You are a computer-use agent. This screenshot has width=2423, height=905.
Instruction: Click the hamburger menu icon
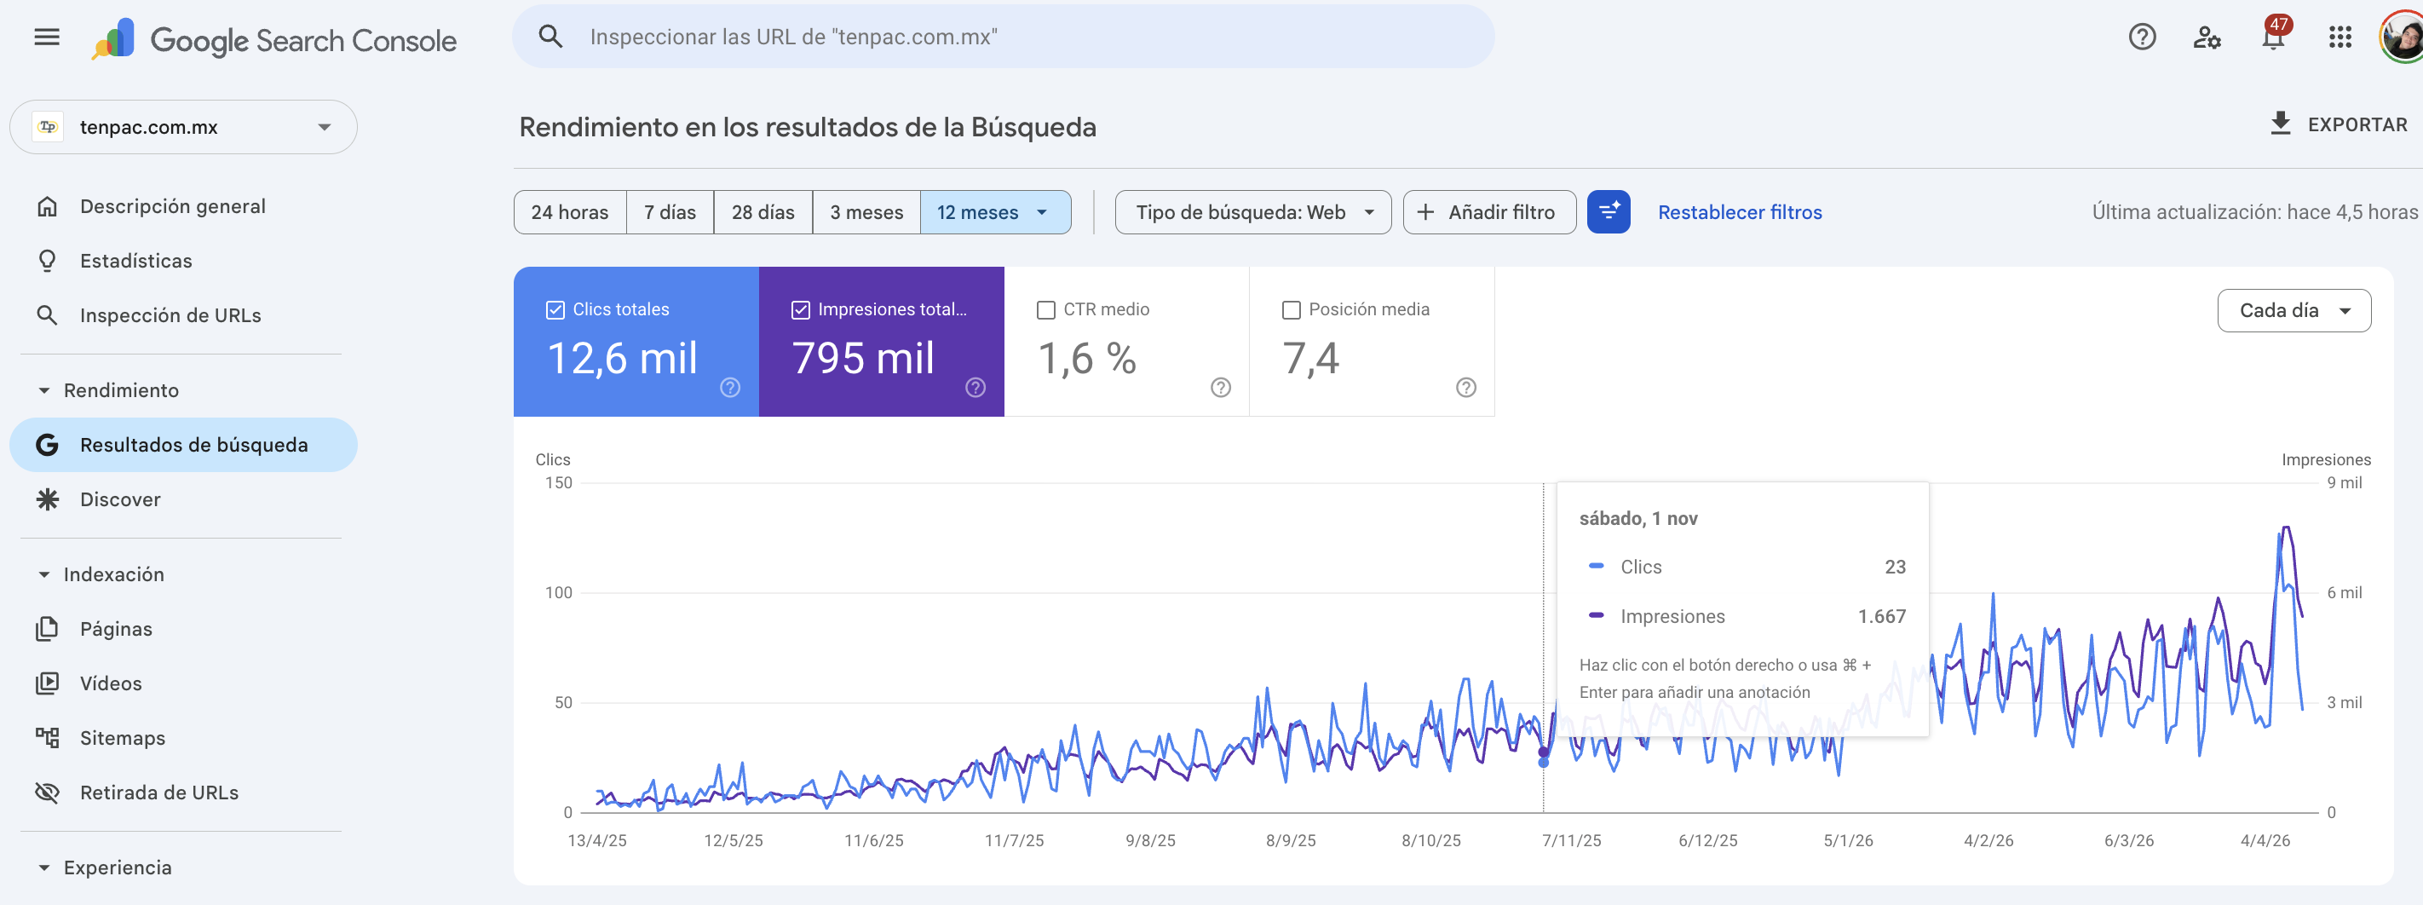click(x=47, y=37)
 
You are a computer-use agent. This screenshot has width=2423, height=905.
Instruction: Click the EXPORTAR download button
click(x=2338, y=124)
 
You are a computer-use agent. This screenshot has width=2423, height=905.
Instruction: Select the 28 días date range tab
click(x=763, y=212)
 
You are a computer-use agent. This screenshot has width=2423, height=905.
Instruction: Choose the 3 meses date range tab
click(x=866, y=212)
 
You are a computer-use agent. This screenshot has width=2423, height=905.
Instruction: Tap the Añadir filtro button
click(x=1489, y=212)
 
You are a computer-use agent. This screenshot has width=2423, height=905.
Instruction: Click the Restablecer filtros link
click(x=1739, y=212)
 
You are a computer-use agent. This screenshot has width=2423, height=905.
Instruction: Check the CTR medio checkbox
click(x=1045, y=309)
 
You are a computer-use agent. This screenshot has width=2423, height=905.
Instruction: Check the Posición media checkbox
click(x=1292, y=309)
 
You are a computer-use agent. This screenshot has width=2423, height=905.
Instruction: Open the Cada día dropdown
click(x=2294, y=310)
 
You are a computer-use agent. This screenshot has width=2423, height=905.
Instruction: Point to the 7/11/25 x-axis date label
click(x=1571, y=840)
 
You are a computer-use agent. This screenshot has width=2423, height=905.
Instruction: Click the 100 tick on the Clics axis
click(x=559, y=592)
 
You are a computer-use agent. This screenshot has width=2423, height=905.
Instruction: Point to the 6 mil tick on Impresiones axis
click(x=2344, y=592)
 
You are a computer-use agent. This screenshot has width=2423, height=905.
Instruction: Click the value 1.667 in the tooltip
click(x=1881, y=616)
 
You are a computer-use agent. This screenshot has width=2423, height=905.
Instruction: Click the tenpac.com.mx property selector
click(x=183, y=127)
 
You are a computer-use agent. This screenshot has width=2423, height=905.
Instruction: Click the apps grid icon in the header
click(x=2340, y=37)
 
